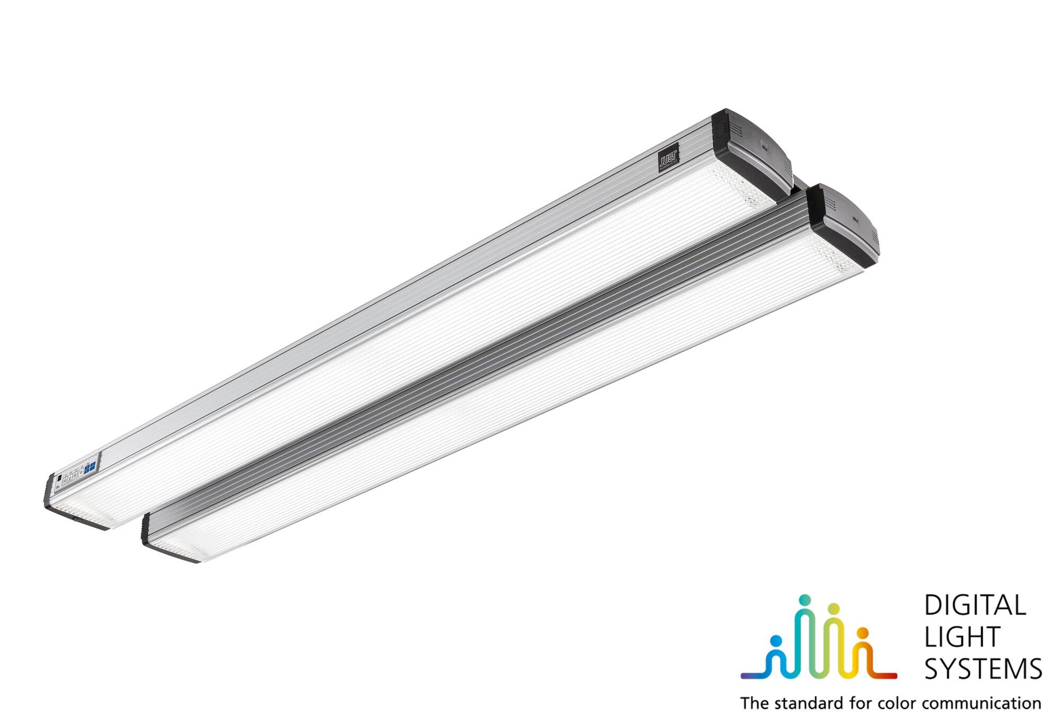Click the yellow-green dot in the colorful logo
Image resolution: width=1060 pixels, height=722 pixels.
pyautogui.click(x=834, y=608)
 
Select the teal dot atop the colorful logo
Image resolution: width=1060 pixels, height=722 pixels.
pyautogui.click(x=806, y=600)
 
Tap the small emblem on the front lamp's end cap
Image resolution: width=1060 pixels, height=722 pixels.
pyautogui.click(x=855, y=217)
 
